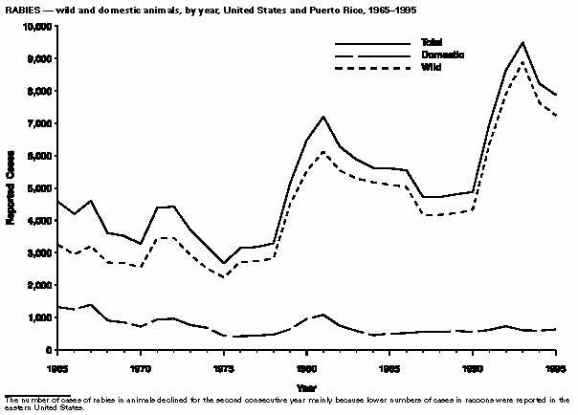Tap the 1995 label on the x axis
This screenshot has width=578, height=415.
click(555, 366)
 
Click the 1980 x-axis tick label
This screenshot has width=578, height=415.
click(306, 366)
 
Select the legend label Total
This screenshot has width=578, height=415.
click(431, 42)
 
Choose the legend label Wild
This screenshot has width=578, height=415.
click(429, 67)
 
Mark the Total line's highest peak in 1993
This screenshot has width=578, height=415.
click(522, 42)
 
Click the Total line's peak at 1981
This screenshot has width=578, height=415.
click(323, 117)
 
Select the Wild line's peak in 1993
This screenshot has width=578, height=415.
click(522, 62)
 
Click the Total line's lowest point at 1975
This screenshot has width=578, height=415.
click(223, 263)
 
